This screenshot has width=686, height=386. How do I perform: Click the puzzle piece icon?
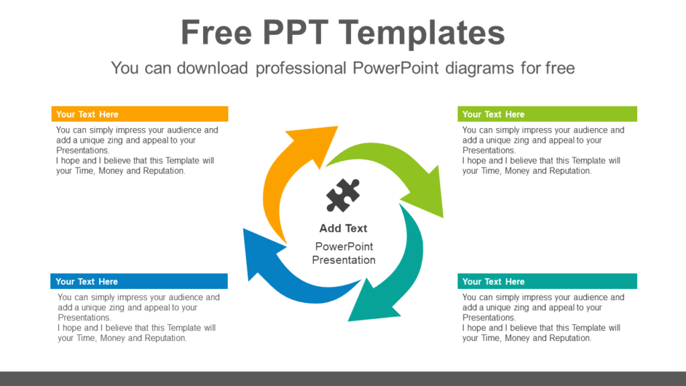343,195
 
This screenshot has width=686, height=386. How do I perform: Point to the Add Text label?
343,229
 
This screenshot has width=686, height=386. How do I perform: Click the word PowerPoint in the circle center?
344,247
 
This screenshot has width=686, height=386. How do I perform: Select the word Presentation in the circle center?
344,260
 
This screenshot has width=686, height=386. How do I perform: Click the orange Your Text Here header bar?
140,114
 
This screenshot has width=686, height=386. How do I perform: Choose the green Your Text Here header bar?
547,114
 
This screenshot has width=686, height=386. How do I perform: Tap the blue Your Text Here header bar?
139,281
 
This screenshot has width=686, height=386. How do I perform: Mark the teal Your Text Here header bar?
547,281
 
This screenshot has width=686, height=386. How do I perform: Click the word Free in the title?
216,33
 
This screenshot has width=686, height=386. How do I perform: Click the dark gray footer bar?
343,379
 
